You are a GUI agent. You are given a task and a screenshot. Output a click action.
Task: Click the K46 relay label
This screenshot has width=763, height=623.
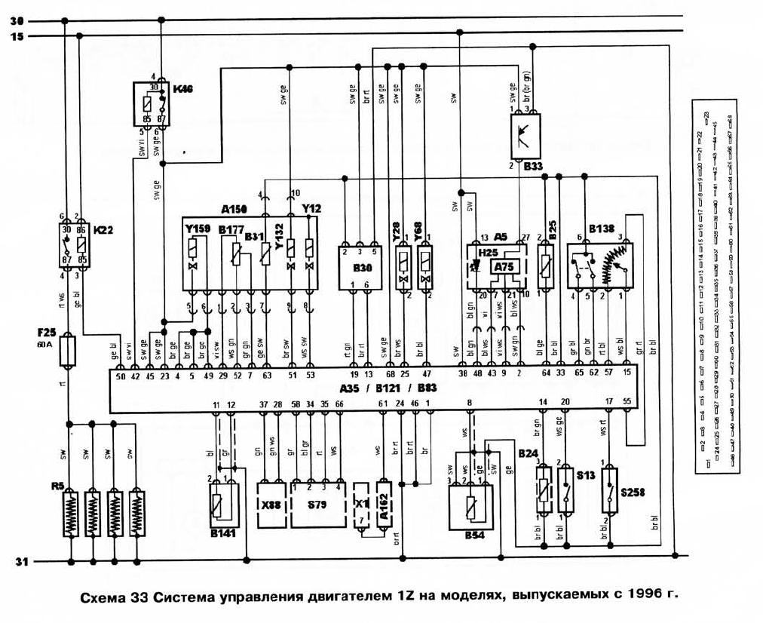pos(183,90)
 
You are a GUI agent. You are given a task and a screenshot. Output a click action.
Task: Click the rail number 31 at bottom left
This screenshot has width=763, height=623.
pos(20,562)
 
